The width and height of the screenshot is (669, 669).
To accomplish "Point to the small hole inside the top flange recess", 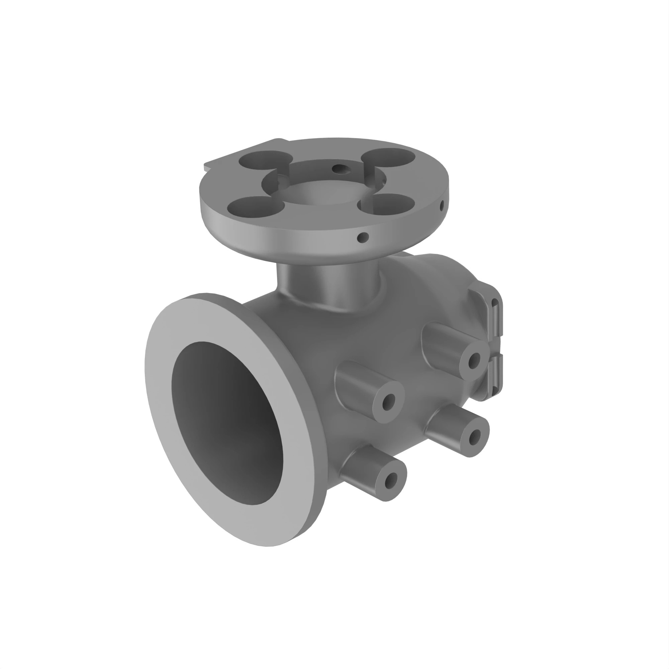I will tap(341, 169).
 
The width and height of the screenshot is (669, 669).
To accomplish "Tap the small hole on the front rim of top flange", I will tap(363, 237).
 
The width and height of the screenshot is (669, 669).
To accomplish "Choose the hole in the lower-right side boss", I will tap(475, 437).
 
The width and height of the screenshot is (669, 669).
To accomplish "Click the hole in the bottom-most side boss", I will tap(391, 480).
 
